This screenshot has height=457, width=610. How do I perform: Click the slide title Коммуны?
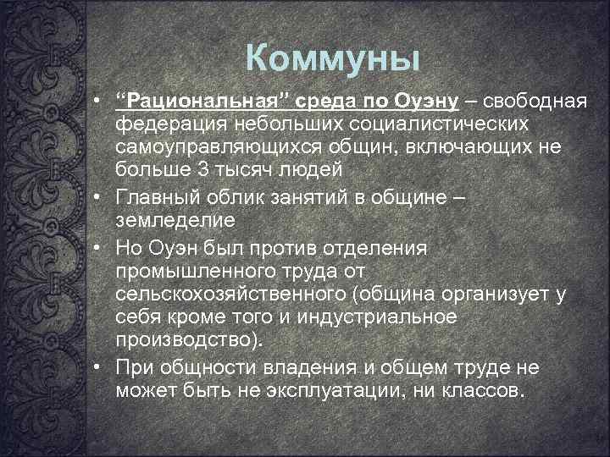332,58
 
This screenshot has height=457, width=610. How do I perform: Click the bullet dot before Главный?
99,196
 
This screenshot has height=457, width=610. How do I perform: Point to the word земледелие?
174,218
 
